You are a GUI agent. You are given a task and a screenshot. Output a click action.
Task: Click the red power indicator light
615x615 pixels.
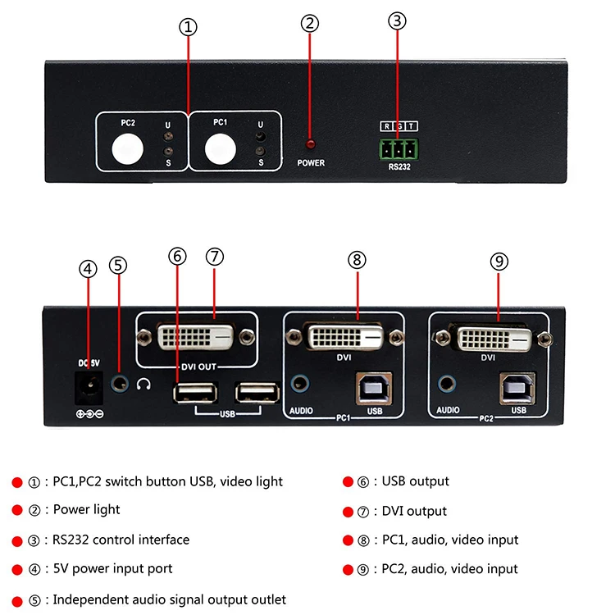311,144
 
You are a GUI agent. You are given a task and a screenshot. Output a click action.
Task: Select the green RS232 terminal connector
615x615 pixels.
399,149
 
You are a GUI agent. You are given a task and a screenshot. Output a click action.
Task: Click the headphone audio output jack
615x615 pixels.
121,381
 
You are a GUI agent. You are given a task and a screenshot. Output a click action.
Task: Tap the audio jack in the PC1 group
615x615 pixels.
300,382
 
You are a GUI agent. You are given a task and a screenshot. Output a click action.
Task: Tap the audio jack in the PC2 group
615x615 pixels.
447,382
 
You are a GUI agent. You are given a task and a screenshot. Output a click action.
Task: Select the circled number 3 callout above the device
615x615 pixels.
398,20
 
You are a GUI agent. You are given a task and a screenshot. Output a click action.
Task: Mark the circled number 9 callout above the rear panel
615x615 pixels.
499,261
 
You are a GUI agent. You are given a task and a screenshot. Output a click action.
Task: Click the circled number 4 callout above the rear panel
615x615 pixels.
88,268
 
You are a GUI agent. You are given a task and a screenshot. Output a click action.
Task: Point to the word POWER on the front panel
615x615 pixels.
311,162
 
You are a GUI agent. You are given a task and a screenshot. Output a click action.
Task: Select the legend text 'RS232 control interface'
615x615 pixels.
121,540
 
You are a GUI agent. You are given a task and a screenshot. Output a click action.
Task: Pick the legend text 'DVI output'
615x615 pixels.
414,511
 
